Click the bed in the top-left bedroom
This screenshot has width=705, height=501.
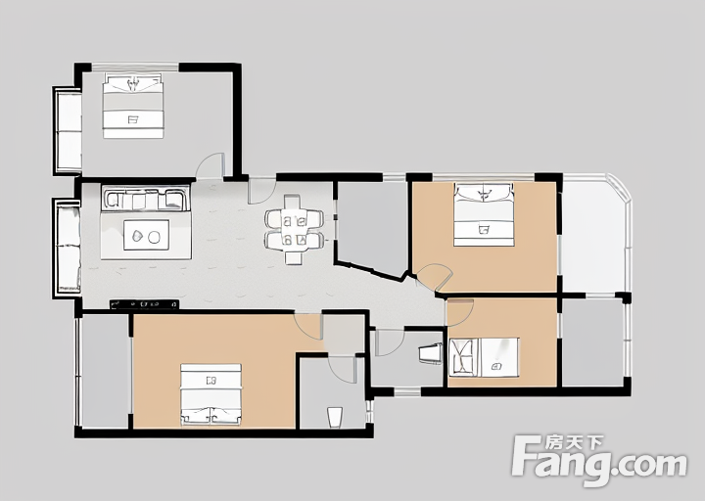(x=132, y=106)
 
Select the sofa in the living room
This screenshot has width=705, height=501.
(x=145, y=199)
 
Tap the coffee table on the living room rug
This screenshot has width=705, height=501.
(x=146, y=235)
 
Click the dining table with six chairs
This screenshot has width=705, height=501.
(x=294, y=229)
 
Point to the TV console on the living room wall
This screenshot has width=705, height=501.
(x=144, y=304)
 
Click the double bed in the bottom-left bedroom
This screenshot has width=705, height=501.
(x=211, y=394)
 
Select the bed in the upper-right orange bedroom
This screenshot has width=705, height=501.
(x=484, y=214)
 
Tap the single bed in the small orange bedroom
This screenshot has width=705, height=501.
(x=484, y=358)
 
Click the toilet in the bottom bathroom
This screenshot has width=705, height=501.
(x=335, y=418)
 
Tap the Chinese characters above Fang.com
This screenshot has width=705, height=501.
(x=574, y=443)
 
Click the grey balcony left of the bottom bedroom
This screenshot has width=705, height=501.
(x=105, y=371)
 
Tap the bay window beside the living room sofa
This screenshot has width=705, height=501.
(x=67, y=247)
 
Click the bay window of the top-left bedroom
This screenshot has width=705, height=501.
(x=68, y=131)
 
